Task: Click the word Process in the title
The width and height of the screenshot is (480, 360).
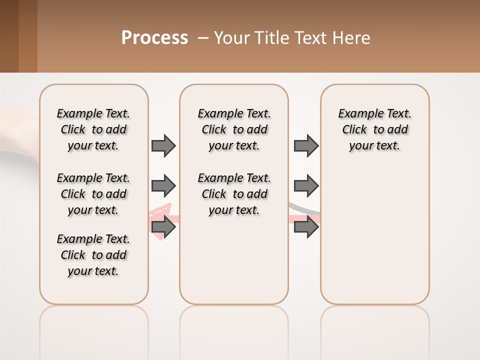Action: pyautogui.click(x=154, y=38)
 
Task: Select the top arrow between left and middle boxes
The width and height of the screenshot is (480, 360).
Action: pyautogui.click(x=163, y=145)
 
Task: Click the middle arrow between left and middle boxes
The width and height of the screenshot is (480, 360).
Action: pyautogui.click(x=163, y=186)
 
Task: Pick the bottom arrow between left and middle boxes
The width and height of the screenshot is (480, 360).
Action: pyautogui.click(x=163, y=227)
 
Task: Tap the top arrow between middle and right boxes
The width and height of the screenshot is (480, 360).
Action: pyautogui.click(x=306, y=145)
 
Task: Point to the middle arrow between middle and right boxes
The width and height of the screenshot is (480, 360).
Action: pyautogui.click(x=306, y=186)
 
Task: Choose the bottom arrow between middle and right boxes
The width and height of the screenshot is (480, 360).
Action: pyautogui.click(x=306, y=227)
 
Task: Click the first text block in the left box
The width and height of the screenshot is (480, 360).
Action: pyautogui.click(x=93, y=129)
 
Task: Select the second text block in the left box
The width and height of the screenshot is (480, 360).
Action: pyautogui.click(x=93, y=194)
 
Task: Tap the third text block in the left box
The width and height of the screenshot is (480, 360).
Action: pyautogui.click(x=93, y=255)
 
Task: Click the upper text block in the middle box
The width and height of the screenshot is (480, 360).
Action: pyautogui.click(x=234, y=129)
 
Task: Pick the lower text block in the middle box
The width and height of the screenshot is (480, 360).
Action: pyautogui.click(x=234, y=194)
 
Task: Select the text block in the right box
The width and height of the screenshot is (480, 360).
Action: pyautogui.click(x=374, y=129)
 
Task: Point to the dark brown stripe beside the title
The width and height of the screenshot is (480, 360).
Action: pyautogui.click(x=9, y=36)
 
